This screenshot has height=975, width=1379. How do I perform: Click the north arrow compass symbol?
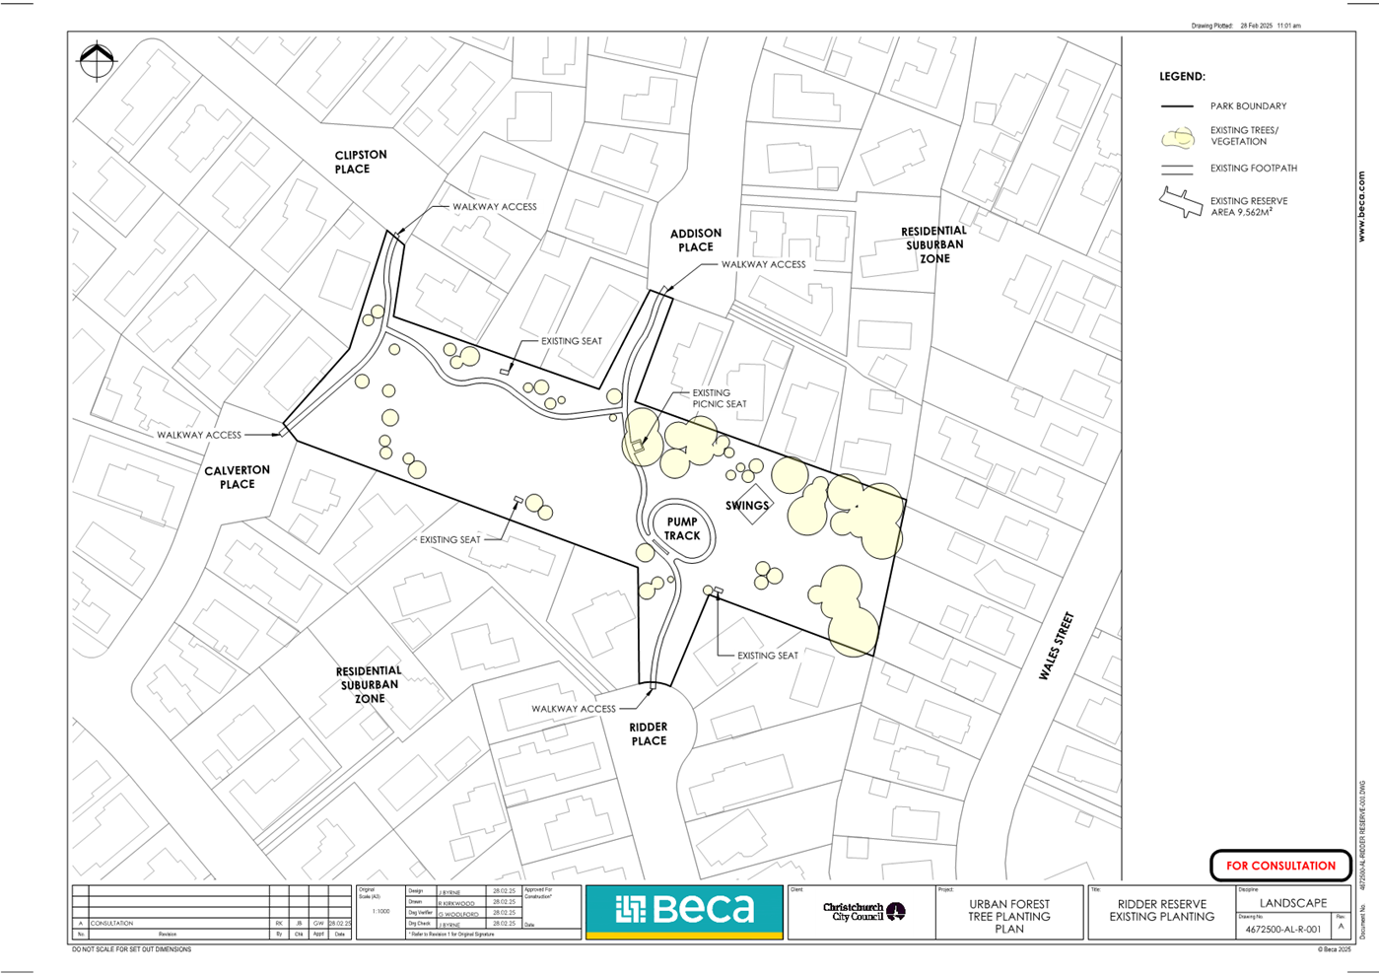(97, 61)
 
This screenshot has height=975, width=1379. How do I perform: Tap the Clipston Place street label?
(360, 162)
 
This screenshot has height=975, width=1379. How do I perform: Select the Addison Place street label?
(696, 241)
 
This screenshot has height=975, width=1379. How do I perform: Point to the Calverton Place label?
(237, 477)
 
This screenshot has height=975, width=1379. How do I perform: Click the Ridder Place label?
(649, 733)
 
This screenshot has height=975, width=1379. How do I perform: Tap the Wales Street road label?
(1056, 646)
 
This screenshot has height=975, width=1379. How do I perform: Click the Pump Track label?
(682, 529)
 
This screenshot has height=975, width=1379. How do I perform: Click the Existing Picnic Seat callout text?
(719, 398)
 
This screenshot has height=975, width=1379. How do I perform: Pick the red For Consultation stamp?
(1280, 866)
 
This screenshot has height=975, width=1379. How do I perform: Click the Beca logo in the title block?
(684, 909)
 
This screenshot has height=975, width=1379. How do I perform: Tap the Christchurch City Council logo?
(863, 912)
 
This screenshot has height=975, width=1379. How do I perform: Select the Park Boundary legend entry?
(1248, 106)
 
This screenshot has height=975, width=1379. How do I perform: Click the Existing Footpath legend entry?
(1253, 169)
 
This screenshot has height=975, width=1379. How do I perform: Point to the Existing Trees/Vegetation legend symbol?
(1178, 137)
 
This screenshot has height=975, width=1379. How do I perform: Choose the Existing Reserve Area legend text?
(1248, 206)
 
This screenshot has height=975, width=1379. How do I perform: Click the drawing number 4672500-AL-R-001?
(1282, 929)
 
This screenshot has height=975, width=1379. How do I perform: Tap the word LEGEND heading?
(1182, 77)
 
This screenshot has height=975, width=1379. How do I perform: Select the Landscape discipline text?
(1292, 903)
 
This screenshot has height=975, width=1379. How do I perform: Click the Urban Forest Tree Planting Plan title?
(1008, 916)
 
